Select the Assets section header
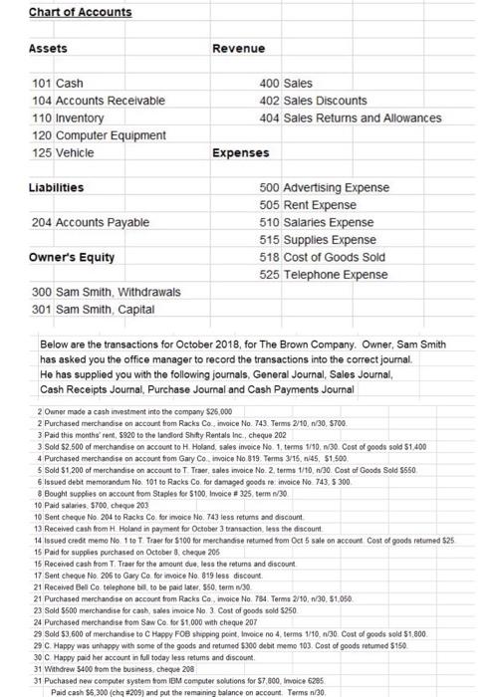(x=48, y=48)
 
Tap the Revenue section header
(x=239, y=48)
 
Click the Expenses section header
(x=242, y=153)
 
